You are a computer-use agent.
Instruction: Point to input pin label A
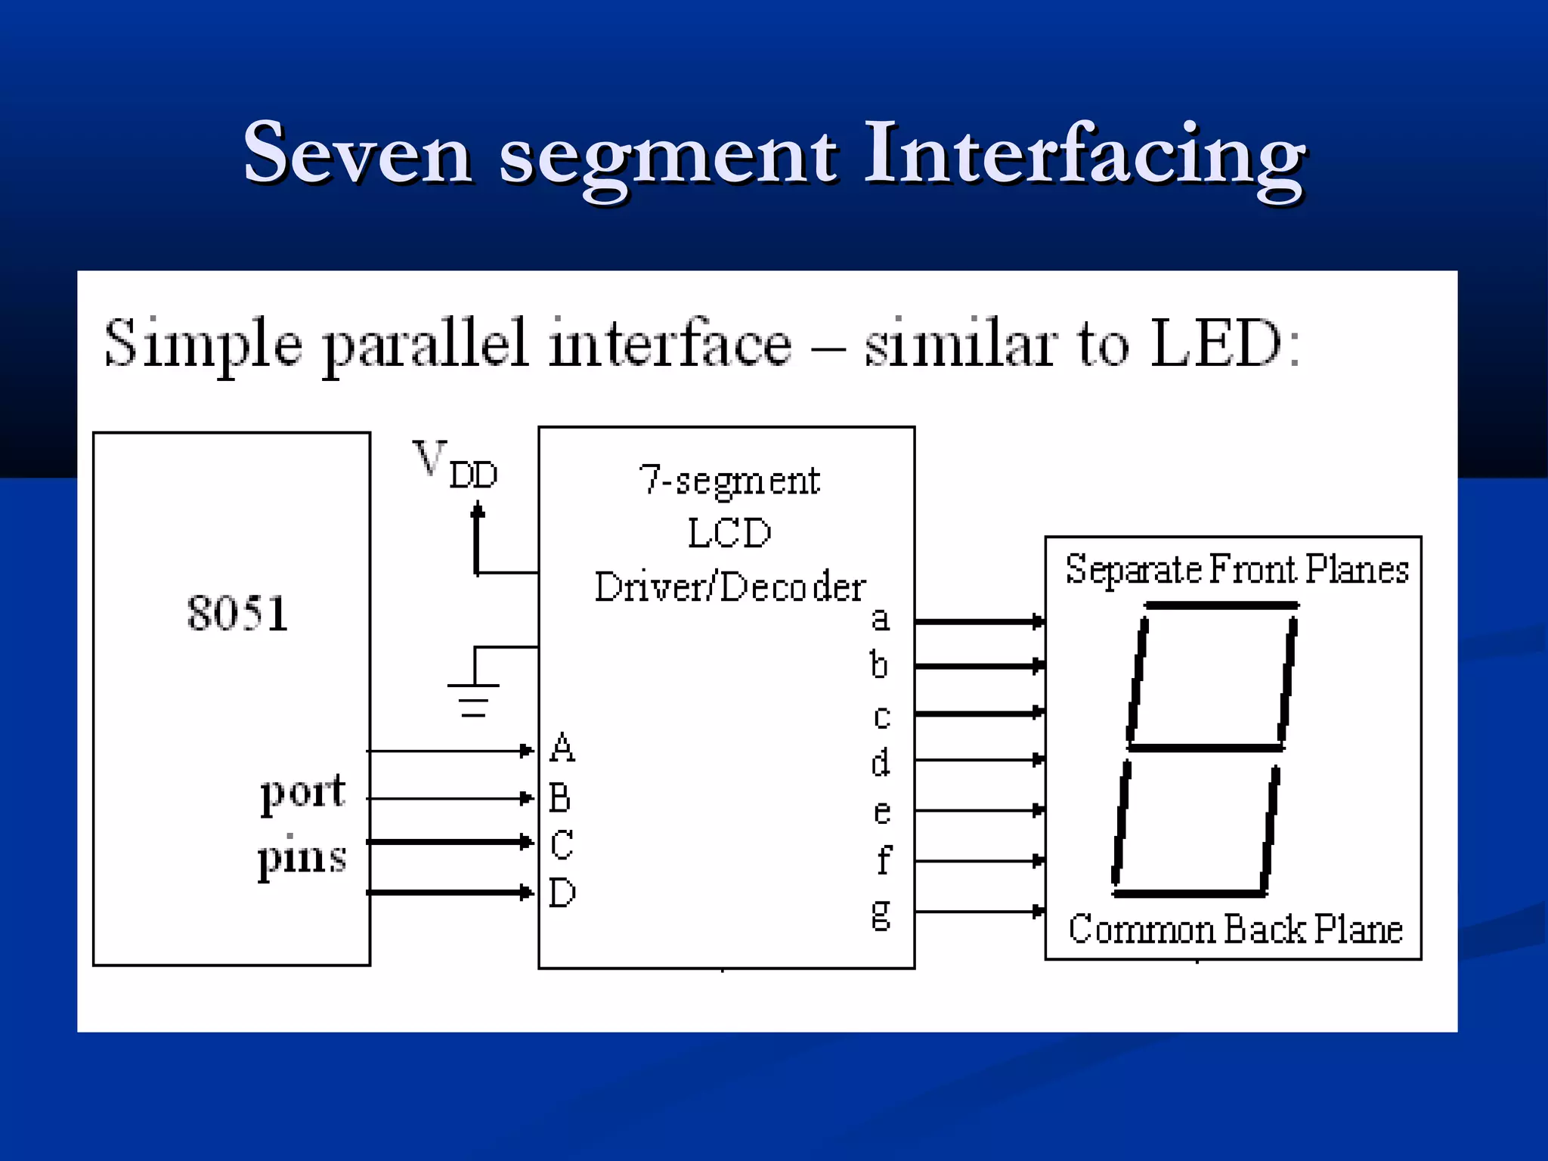562,748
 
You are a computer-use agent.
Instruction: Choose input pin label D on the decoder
562,893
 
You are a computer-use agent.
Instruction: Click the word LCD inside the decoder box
729,533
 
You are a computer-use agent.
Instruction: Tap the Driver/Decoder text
729,587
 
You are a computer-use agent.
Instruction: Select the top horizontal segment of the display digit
1221,605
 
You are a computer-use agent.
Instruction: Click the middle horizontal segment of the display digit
1206,748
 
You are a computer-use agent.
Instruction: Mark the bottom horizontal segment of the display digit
1189,893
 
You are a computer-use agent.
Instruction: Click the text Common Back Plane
1235,929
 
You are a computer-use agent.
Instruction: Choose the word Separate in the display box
1133,570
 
